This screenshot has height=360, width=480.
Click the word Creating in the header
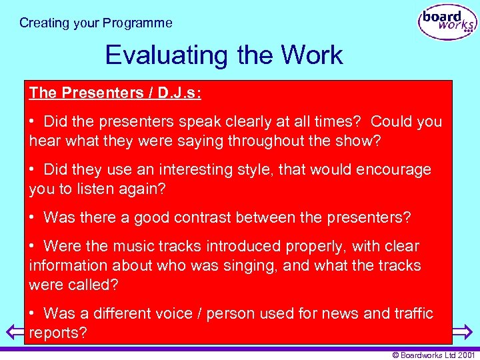coord(44,23)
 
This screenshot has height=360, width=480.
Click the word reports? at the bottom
coord(58,333)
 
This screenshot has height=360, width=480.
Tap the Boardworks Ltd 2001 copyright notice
coord(433,355)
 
